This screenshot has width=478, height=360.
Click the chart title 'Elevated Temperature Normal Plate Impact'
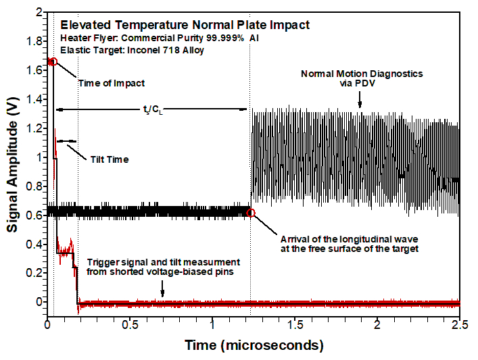click(185, 25)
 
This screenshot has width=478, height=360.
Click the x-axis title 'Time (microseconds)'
click(254, 346)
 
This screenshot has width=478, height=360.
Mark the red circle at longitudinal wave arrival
click(251, 213)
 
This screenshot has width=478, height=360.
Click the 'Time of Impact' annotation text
click(112, 83)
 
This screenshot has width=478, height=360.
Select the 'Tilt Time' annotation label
click(109, 159)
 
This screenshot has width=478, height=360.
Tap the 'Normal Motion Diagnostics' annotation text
click(361, 74)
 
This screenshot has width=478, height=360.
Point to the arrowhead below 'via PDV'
click(360, 105)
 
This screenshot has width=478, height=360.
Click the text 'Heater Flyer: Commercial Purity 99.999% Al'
click(160, 38)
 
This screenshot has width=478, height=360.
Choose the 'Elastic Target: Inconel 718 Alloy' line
click(133, 51)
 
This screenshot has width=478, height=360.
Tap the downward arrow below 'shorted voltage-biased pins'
click(162, 292)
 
